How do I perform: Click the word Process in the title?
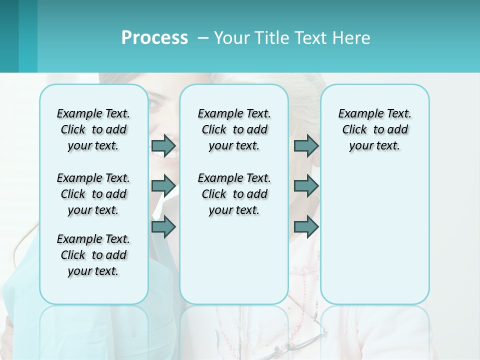click(x=154, y=37)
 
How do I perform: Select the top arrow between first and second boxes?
click(x=163, y=145)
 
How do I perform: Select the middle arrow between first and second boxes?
click(x=163, y=186)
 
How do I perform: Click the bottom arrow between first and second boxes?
click(x=163, y=227)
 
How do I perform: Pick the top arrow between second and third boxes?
click(x=306, y=145)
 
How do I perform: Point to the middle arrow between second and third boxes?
click(x=306, y=186)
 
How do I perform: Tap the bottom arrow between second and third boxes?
click(x=306, y=227)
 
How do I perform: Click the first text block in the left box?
click(x=93, y=129)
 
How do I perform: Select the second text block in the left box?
click(x=93, y=194)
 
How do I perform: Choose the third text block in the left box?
click(x=93, y=255)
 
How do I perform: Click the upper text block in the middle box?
click(x=234, y=129)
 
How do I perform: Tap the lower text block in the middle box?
click(x=234, y=194)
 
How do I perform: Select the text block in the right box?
click(x=374, y=129)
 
